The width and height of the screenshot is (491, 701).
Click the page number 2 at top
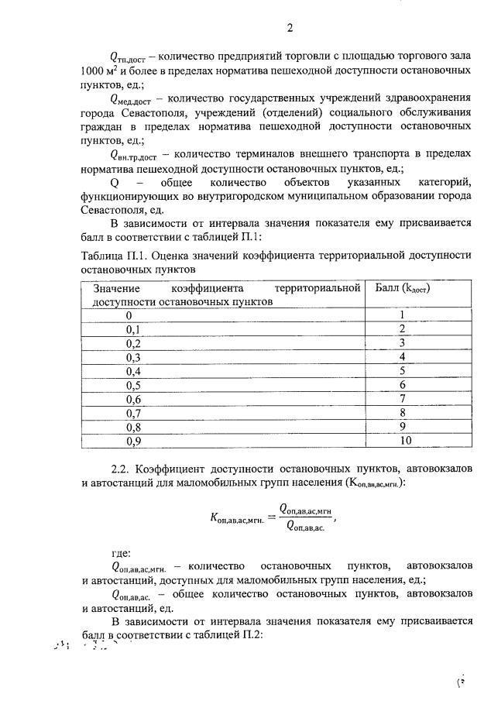tap(290, 29)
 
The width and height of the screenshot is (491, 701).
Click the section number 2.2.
tap(122, 469)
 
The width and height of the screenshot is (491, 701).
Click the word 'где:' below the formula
tap(122, 552)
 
